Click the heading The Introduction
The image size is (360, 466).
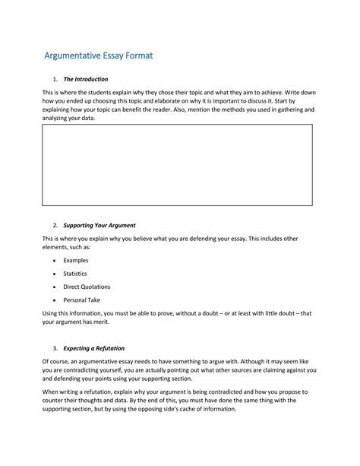pyautogui.click(x=85, y=79)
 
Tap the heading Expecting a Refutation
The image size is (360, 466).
pyautogui.click(x=94, y=348)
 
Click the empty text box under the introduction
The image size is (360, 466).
pyautogui.click(x=177, y=165)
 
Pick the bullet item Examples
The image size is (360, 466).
pyautogui.click(x=76, y=260)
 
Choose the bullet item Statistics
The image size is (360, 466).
pyautogui.click(x=75, y=274)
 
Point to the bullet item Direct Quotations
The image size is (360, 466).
pyautogui.click(x=87, y=287)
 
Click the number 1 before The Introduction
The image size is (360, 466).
pyautogui.click(x=55, y=79)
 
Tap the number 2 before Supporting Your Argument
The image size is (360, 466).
pyautogui.click(x=55, y=226)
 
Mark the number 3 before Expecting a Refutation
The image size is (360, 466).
pyautogui.click(x=55, y=348)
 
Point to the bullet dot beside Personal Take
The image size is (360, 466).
pyautogui.click(x=55, y=301)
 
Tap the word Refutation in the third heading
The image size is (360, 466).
pyautogui.click(x=109, y=348)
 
